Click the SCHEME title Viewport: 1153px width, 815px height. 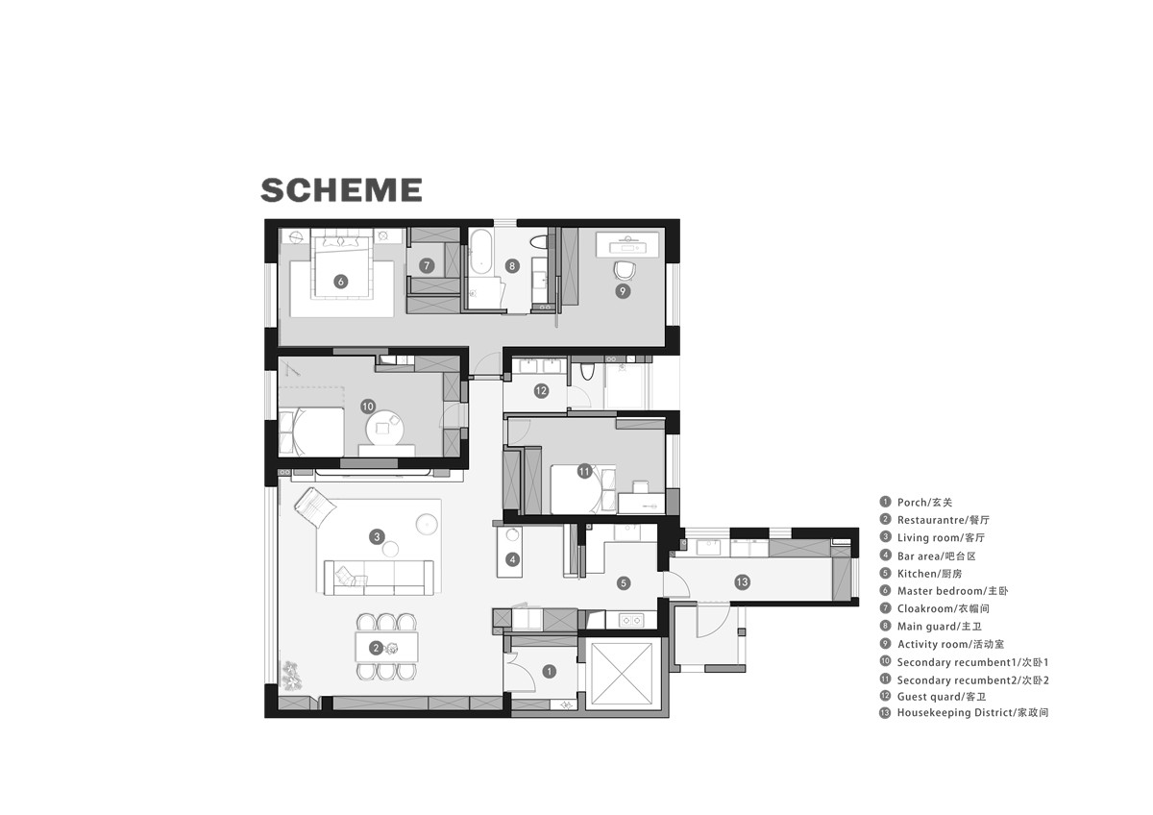pos(341,190)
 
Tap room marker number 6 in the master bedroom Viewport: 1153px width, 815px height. pos(340,282)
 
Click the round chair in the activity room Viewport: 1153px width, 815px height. pos(625,270)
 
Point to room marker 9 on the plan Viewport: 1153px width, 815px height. pos(623,291)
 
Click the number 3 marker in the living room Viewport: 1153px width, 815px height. pos(377,537)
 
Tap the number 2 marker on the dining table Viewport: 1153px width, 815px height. pos(377,648)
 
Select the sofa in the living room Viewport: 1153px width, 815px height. pos(379,578)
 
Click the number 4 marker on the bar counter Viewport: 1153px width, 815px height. pos(512,559)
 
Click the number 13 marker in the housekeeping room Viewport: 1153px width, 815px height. pos(742,582)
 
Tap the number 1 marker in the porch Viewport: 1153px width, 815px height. pos(550,672)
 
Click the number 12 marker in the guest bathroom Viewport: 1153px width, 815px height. pos(541,391)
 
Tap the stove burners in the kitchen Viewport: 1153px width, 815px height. pos(631,621)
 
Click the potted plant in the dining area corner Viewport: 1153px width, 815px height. pos(291,676)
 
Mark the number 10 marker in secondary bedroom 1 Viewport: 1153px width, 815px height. pos(367,407)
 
